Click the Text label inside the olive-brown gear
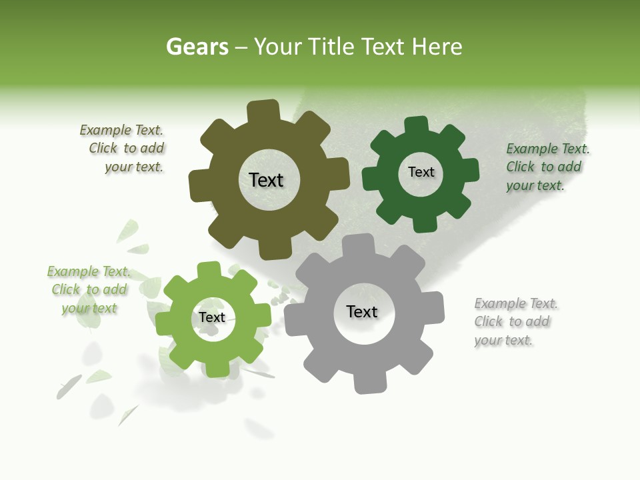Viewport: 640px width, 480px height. click(266, 180)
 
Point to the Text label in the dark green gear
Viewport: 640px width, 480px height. click(421, 172)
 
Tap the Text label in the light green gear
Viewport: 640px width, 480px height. click(211, 317)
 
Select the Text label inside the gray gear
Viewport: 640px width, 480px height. click(361, 311)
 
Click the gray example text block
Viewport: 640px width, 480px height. click(515, 322)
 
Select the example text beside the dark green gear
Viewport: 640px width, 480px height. click(547, 167)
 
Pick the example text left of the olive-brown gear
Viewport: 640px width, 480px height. click(124, 149)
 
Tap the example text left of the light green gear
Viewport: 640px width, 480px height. click(89, 290)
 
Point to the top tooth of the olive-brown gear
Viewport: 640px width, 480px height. click(264, 111)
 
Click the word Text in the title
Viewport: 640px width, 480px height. click(384, 47)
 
